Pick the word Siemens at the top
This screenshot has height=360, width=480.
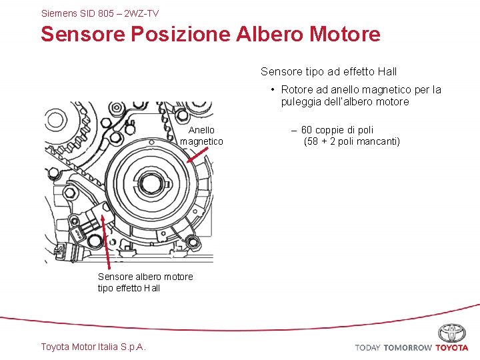[59, 13]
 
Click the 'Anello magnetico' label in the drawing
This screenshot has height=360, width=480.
[201, 135]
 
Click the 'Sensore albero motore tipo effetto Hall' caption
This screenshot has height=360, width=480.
[145, 282]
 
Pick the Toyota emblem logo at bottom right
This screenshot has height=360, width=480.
[452, 333]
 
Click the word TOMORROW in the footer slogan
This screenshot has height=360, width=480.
[407, 347]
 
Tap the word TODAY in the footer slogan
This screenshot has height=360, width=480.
[368, 347]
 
